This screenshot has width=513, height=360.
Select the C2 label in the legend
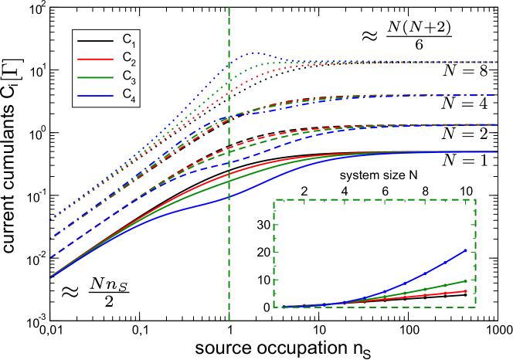point(128,58)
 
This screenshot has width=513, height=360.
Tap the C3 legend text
point(128,76)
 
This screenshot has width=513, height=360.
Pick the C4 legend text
point(128,94)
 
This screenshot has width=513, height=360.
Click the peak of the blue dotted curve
point(253,53)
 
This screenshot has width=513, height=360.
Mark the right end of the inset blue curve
point(467,250)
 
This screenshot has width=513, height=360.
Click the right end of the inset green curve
point(467,280)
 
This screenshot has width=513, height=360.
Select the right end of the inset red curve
point(467,291)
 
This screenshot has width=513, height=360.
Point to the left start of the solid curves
point(50,277)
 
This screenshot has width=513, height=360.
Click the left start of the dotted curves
point(50,220)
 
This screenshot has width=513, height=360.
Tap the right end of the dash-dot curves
point(495,95)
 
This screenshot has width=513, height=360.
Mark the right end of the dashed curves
point(495,124)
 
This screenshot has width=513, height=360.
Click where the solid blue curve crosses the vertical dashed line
point(229,196)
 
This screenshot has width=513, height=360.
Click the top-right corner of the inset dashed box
point(475,199)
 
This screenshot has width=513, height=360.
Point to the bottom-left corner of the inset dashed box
point(274,307)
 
